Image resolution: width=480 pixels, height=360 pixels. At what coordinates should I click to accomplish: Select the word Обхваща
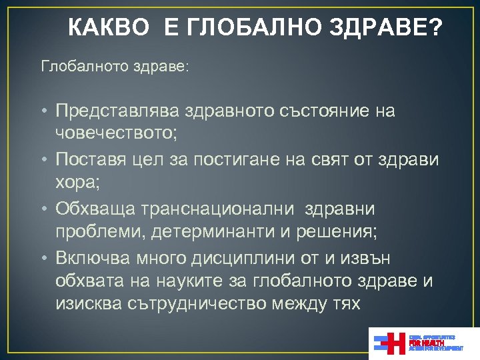(95, 209)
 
